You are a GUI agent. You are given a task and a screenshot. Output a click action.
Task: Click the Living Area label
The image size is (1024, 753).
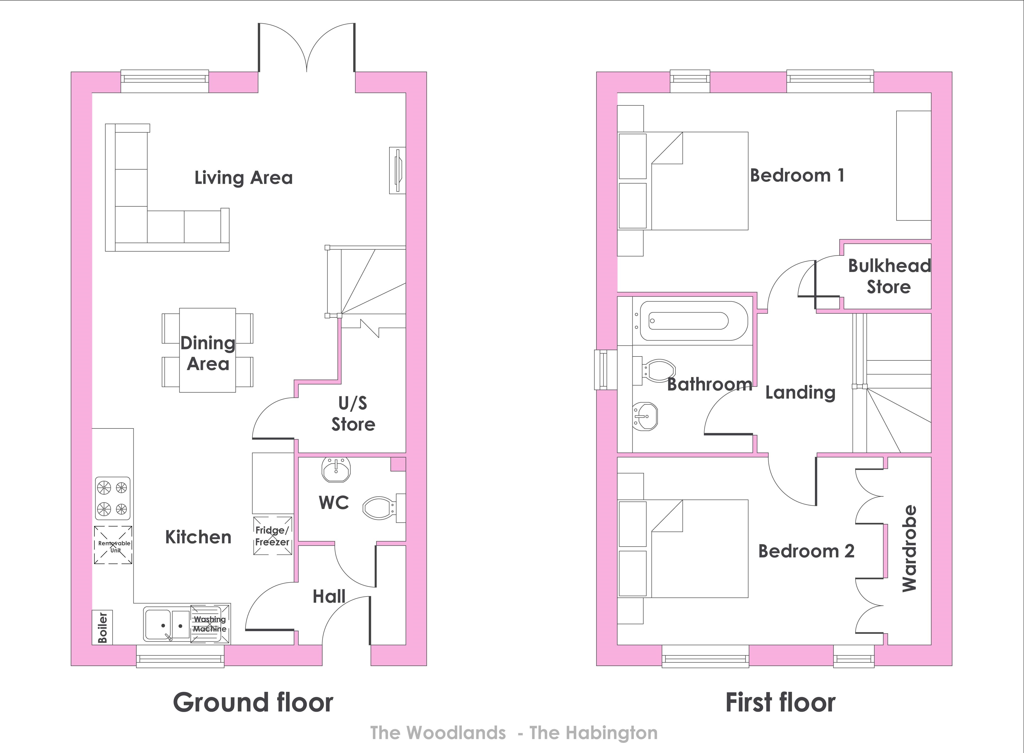click(x=243, y=178)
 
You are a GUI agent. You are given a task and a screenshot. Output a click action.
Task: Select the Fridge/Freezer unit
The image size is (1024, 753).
click(x=272, y=536)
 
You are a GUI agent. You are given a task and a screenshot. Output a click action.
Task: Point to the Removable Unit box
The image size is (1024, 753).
click(x=114, y=545)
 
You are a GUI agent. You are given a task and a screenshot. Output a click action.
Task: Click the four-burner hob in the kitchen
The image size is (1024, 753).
click(x=113, y=498)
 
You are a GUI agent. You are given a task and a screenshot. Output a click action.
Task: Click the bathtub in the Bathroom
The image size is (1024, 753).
click(x=694, y=320)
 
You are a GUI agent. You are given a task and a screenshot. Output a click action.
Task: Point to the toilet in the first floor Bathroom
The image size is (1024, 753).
click(x=655, y=370)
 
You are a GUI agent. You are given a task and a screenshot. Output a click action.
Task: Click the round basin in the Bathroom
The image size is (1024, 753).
click(x=645, y=416)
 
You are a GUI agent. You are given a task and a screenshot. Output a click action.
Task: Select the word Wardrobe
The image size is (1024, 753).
click(x=909, y=548)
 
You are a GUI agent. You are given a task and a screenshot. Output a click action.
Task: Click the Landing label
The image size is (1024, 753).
click(x=800, y=392)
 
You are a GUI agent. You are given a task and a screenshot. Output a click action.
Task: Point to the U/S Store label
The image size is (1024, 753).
click(x=353, y=414)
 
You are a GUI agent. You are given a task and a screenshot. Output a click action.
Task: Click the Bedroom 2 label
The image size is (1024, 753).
click(x=806, y=551)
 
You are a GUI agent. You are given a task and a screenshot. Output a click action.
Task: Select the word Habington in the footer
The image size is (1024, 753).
click(x=612, y=733)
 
